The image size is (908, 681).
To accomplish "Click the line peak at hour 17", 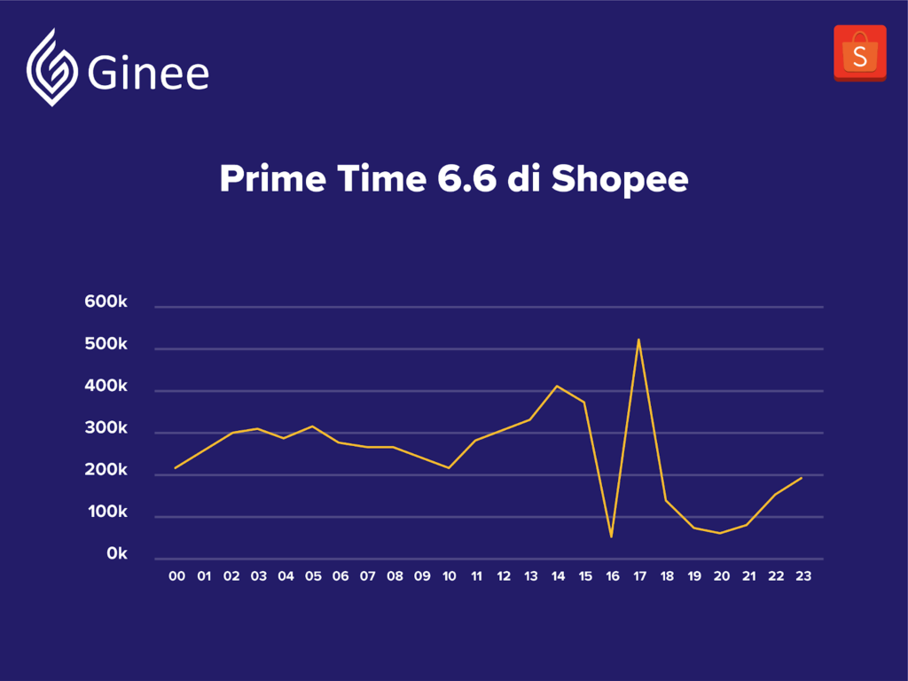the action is (638, 340).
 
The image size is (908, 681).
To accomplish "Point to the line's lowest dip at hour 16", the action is (612, 536).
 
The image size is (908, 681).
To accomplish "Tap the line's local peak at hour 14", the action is (557, 386).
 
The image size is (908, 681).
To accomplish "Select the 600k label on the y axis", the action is (106, 301).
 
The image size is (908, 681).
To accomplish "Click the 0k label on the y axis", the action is (117, 554).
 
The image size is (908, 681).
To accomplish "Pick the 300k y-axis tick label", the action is (106, 428).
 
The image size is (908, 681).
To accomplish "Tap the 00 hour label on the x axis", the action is (176, 576).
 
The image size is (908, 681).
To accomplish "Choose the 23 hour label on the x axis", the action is (803, 576).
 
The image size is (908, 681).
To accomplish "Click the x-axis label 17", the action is (639, 576).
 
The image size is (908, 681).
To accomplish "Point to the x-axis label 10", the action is (449, 576).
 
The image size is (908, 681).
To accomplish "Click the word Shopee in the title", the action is (620, 179).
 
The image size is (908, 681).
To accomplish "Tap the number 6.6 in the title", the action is (466, 178).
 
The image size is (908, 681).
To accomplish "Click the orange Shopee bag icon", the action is (860, 53).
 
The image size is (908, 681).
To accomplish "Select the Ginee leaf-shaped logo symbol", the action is (52, 67).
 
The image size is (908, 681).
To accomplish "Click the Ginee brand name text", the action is (148, 73).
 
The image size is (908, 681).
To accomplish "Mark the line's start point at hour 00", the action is (176, 468).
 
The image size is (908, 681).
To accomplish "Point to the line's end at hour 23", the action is (802, 478).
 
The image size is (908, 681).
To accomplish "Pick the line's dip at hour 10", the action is (449, 468).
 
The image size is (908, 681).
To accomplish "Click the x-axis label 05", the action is (313, 576).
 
